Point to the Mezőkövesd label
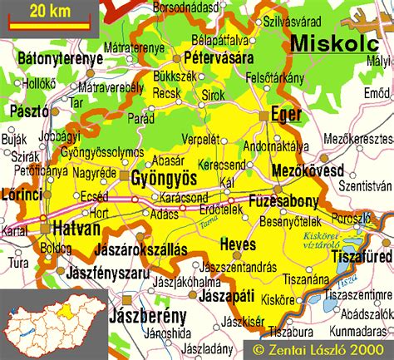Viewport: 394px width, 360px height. click(x=308, y=170)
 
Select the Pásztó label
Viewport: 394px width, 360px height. click(x=29, y=110)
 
